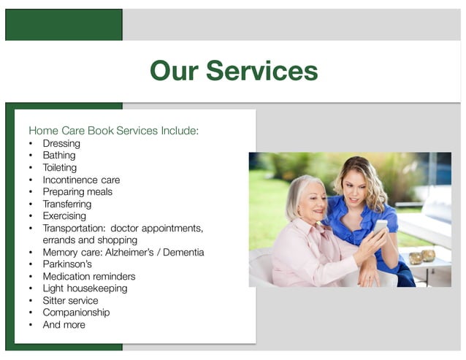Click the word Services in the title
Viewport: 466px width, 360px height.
click(262, 71)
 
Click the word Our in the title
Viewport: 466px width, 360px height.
click(174, 71)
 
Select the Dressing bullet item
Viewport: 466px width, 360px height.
click(61, 143)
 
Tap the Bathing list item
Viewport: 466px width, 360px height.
click(59, 156)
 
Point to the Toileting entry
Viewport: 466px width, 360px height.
click(59, 167)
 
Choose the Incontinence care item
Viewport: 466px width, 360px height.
click(81, 180)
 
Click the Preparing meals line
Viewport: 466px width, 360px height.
click(77, 191)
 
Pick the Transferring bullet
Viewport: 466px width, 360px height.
click(67, 204)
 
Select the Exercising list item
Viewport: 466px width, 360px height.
click(64, 215)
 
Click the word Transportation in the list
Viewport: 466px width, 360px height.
click(74, 228)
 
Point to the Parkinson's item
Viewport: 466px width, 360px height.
click(67, 264)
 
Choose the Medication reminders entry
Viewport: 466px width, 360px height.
click(89, 276)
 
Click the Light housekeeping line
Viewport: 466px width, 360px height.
click(85, 288)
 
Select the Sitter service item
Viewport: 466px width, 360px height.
click(70, 300)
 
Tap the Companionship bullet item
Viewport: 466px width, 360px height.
click(76, 312)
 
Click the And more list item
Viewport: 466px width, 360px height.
click(64, 324)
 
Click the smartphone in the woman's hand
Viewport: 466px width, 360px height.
click(380, 226)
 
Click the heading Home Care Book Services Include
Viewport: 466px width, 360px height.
click(113, 131)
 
